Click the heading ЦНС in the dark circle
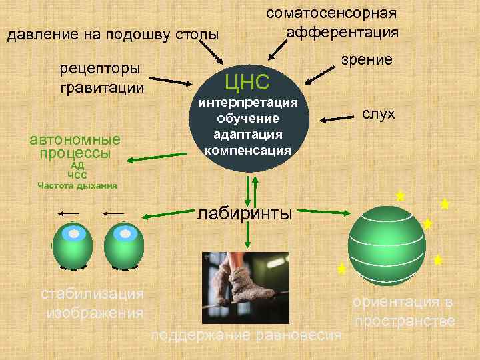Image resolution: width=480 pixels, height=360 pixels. [x=247, y=81]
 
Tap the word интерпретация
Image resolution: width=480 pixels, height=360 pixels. [x=247, y=103]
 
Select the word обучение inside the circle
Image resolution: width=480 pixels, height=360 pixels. [x=247, y=119]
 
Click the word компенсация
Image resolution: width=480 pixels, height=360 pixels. [x=247, y=150]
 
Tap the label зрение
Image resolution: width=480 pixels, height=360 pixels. [x=367, y=59]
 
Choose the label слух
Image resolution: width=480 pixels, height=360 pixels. [x=379, y=114]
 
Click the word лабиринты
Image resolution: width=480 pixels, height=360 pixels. [x=245, y=213]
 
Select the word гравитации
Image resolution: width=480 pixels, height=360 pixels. [x=102, y=87]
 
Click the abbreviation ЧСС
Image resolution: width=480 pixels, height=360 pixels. [x=77, y=175]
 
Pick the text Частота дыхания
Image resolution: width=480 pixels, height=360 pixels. [x=77, y=185]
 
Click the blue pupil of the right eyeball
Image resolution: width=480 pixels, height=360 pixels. [x=123, y=233]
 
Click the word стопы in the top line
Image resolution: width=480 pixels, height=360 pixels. [x=198, y=34]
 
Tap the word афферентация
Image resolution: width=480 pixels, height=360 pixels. [x=342, y=32]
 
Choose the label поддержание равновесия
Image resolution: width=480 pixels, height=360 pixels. [x=247, y=335]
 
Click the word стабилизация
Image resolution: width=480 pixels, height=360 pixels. [x=93, y=293]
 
